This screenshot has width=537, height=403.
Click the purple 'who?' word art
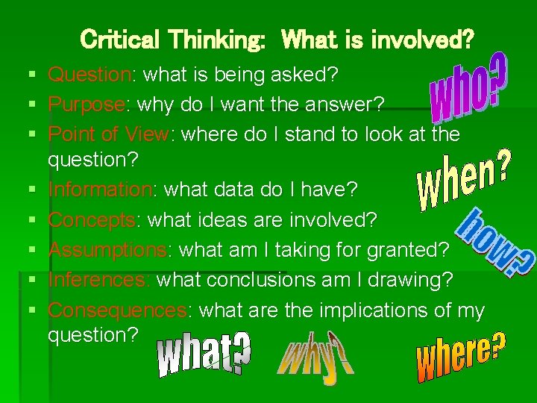[468, 88]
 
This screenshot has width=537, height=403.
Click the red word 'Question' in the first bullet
[89, 75]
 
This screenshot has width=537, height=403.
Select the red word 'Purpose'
[86, 104]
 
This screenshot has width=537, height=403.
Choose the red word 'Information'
[99, 190]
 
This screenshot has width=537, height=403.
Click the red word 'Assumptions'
[107, 250]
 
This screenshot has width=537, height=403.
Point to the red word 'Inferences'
[98, 280]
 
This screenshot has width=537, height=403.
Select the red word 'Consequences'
[116, 310]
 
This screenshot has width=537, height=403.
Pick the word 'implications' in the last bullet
[382, 310]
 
